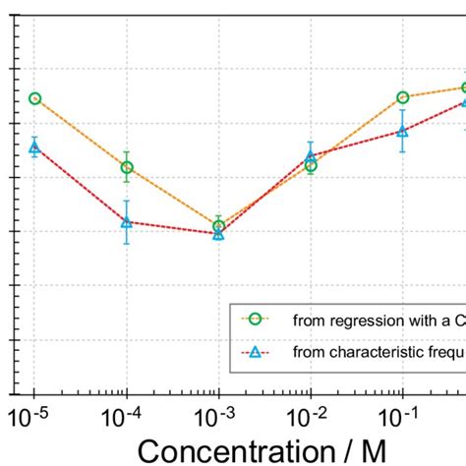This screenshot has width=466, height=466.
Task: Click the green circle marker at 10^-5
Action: [x=34, y=98]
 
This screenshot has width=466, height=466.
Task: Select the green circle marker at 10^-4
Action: [x=127, y=167]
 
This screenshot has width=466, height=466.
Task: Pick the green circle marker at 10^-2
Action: [x=311, y=165]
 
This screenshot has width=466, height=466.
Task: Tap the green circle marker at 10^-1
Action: [x=403, y=97]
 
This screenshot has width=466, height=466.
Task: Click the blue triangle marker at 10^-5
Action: [x=34, y=146]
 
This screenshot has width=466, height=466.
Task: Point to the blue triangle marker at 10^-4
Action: [x=127, y=221]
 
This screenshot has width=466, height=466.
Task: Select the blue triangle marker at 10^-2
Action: [x=311, y=155]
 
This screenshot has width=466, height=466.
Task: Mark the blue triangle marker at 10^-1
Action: [x=403, y=131]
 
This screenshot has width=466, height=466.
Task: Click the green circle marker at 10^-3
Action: [x=218, y=226]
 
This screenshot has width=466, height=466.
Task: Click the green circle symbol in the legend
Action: [x=254, y=319]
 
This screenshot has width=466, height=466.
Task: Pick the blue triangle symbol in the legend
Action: [x=254, y=351]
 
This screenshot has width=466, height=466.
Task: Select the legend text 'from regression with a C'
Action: [x=379, y=320]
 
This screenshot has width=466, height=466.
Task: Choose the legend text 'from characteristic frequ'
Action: [x=379, y=352]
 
